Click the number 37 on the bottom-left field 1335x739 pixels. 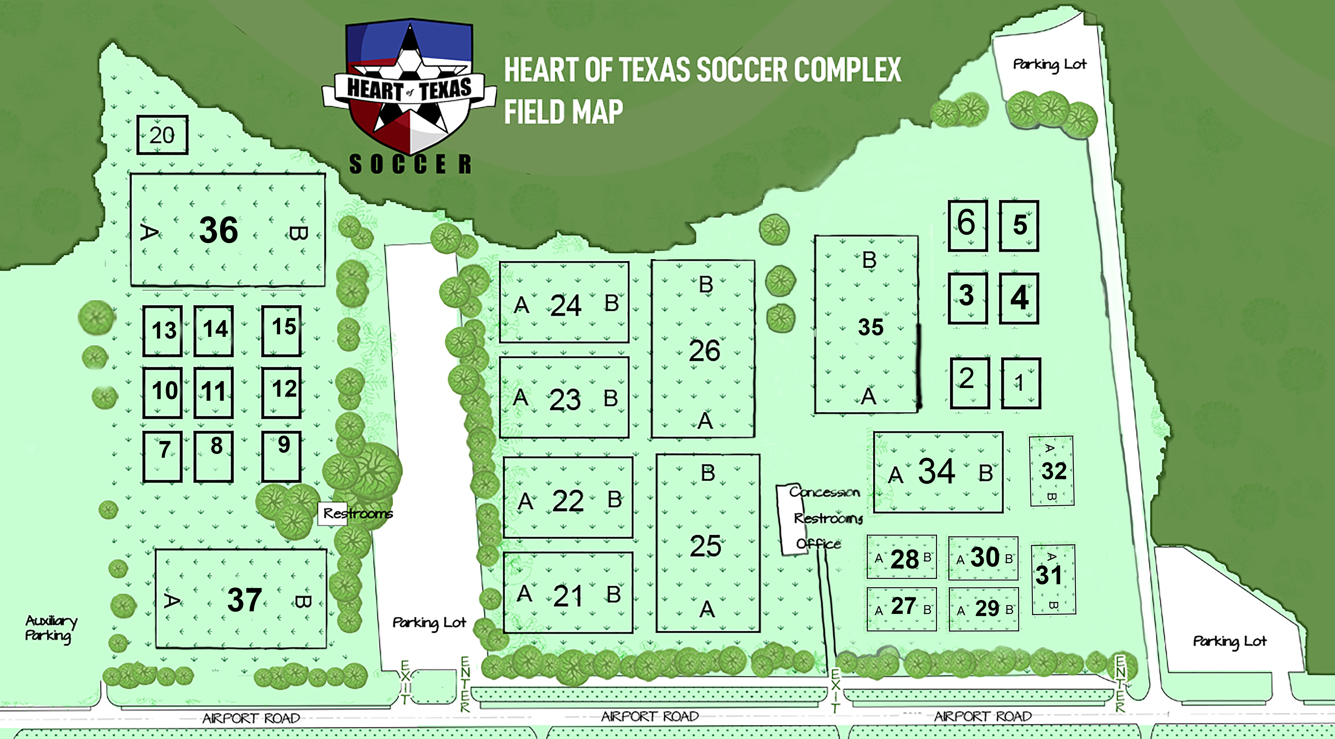pos(244,600)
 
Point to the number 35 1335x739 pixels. pos(871,327)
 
